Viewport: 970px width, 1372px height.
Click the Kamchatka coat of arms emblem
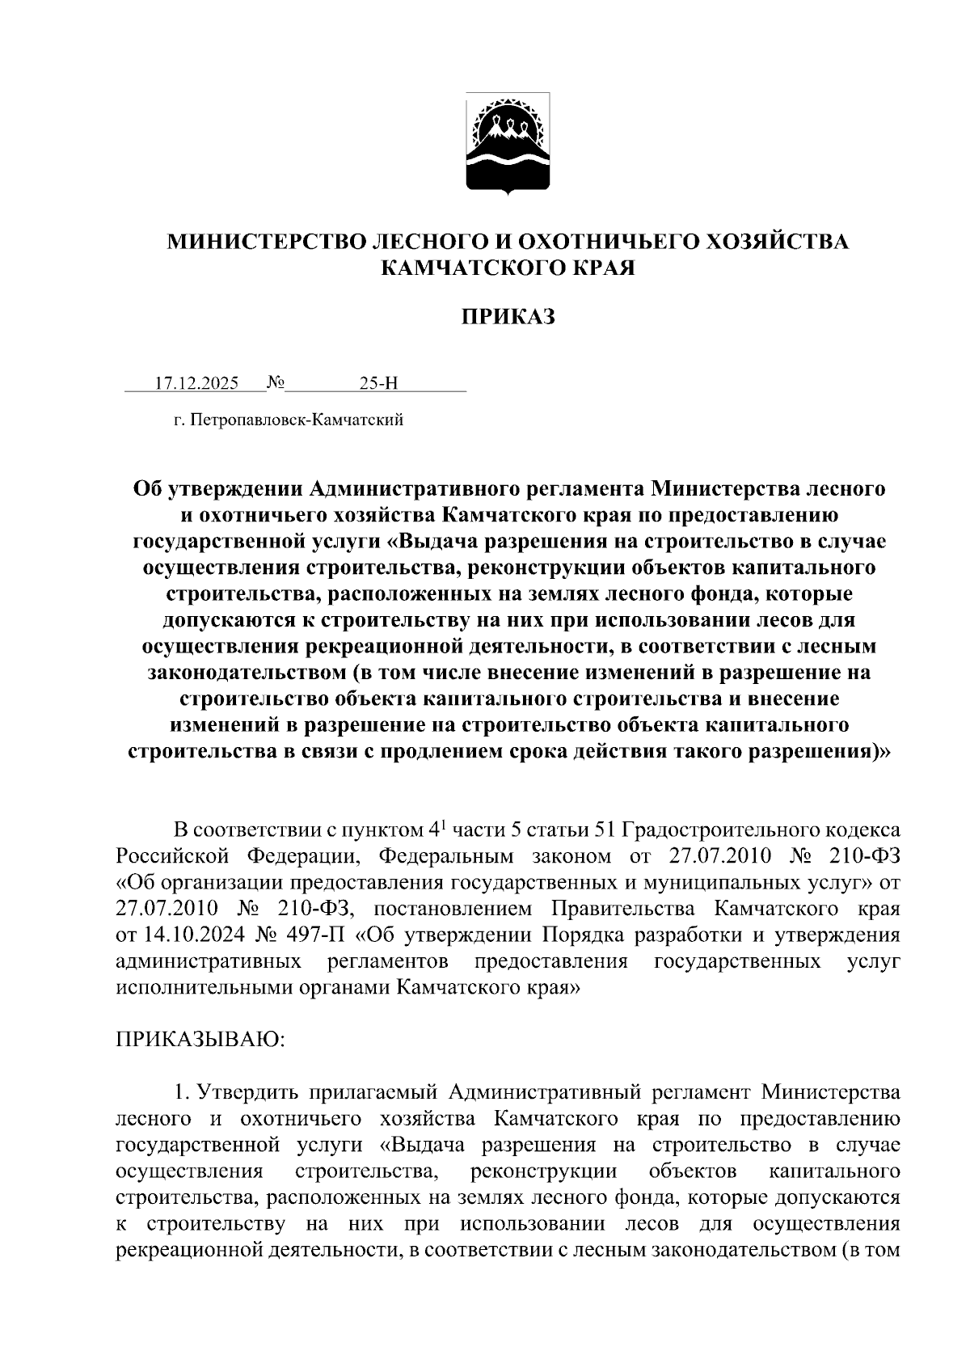coord(508,144)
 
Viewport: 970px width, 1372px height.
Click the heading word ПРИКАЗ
coord(508,317)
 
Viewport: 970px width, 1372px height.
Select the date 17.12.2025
coord(196,383)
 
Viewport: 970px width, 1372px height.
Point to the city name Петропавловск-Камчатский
coord(297,420)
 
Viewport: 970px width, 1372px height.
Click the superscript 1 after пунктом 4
coord(444,825)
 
